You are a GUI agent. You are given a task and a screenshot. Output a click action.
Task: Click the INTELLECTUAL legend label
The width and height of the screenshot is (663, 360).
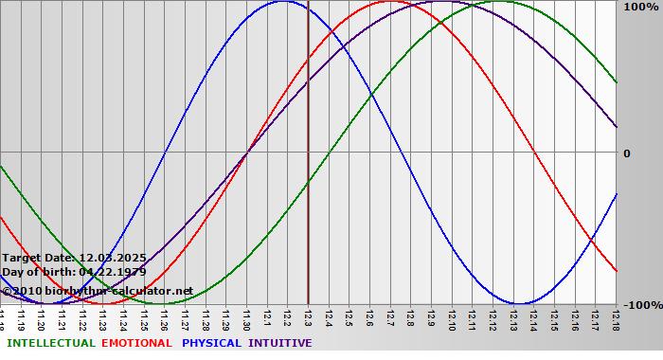(x=50, y=343)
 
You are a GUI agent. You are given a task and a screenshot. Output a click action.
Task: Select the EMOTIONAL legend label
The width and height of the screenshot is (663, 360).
(x=136, y=343)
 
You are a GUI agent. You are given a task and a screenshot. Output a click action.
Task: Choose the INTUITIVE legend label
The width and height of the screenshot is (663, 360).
(x=280, y=343)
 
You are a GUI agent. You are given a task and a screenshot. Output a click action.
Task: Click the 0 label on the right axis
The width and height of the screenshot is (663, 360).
(x=626, y=153)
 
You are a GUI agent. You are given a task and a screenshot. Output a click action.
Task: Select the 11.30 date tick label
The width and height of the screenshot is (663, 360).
(x=247, y=319)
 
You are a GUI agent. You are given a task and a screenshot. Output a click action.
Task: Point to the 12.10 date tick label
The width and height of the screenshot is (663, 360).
(x=452, y=319)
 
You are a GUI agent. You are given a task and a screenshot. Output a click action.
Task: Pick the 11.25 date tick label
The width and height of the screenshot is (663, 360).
(x=145, y=319)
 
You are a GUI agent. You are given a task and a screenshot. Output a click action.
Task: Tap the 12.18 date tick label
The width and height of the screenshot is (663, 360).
(x=616, y=319)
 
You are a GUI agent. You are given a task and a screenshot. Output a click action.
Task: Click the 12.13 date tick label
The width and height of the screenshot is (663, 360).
(x=513, y=319)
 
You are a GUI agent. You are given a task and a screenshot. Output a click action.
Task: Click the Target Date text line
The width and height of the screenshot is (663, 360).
(x=74, y=258)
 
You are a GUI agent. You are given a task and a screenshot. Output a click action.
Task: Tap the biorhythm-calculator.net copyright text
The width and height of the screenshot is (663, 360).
(x=98, y=290)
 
